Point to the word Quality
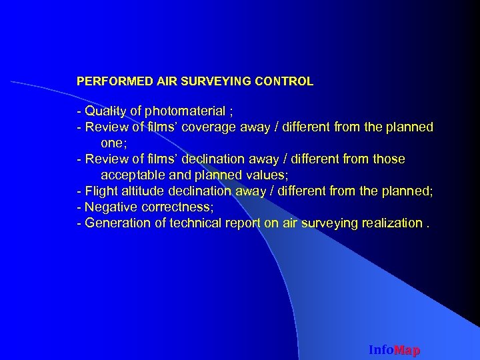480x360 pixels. coord(105,111)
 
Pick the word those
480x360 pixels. coord(389,159)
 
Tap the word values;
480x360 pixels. coord(265,175)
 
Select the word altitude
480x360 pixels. coord(143,191)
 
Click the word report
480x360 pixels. coord(243,223)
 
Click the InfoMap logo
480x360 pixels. coord(394,350)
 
